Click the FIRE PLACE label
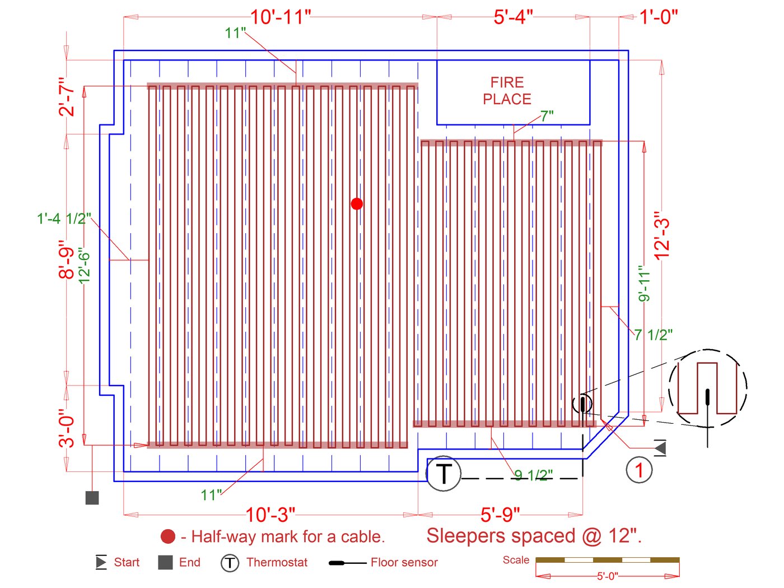(x=507, y=91)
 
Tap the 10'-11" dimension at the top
(x=280, y=17)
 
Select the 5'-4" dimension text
(x=513, y=17)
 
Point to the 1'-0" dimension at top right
(x=659, y=17)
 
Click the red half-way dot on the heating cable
(x=357, y=203)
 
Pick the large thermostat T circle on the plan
(x=444, y=474)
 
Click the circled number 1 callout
(x=639, y=469)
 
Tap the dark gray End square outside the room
(x=92, y=498)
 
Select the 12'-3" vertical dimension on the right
(x=662, y=235)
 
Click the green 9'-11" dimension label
(x=644, y=284)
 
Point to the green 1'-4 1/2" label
(x=64, y=219)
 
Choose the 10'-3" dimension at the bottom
(x=270, y=515)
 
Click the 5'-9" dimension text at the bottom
(x=500, y=515)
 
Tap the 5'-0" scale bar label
(x=607, y=576)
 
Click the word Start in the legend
(x=127, y=562)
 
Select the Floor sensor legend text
(x=404, y=562)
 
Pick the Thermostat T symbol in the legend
(x=230, y=563)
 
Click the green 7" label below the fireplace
(x=547, y=115)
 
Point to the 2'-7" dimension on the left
(x=67, y=97)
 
